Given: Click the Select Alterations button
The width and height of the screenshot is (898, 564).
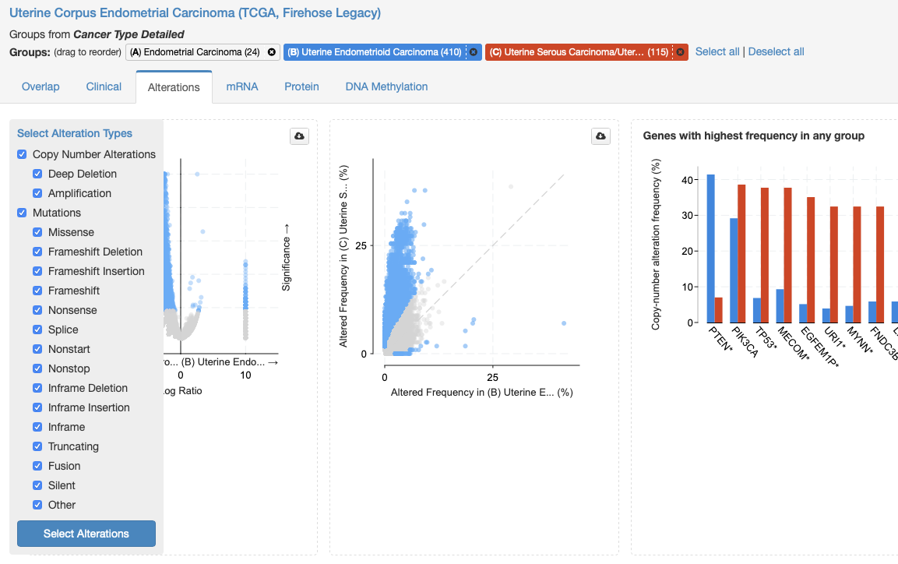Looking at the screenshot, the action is point(86,534).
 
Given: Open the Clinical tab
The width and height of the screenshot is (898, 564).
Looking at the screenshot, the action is point(104,86).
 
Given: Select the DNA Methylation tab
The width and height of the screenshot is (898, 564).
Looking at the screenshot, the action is point(386,86).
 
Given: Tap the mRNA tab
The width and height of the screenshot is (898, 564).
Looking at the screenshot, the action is point(242,86).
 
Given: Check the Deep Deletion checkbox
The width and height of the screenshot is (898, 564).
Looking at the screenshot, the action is point(37,174).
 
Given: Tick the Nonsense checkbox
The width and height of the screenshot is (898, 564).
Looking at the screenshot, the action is point(37,310).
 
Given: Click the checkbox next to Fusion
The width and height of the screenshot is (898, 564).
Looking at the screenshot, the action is point(37,466).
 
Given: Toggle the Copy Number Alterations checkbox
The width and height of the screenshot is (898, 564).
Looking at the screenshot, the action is point(22,154).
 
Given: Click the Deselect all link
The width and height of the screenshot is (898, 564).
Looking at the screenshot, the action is point(776,51).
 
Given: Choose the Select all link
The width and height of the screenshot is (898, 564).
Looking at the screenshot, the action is point(717,51).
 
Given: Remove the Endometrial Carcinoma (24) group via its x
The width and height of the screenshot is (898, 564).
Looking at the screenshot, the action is point(272,52).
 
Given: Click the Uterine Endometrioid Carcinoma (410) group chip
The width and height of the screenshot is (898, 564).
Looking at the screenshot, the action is point(375,52).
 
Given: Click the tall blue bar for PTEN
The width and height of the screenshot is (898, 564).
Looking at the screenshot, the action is point(711,249).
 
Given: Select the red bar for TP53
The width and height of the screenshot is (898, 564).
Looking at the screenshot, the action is point(765,256).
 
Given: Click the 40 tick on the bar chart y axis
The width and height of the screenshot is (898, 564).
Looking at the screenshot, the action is point(687,180).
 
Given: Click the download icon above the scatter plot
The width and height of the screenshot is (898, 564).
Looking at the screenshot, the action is point(600,136).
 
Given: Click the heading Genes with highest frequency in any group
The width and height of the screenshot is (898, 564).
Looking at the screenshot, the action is point(754,136).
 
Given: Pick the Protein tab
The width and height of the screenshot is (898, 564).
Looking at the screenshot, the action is point(302,86).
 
